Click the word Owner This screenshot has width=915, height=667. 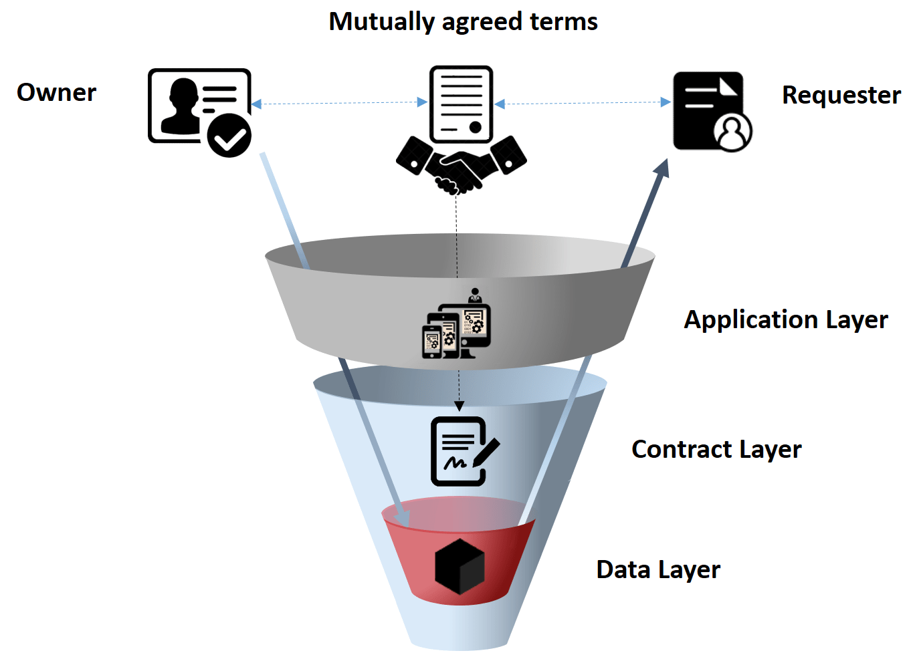click(x=57, y=92)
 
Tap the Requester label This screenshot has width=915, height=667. click(x=841, y=96)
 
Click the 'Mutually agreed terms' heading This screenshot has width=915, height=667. click(x=464, y=22)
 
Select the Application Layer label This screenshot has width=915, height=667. click(x=786, y=320)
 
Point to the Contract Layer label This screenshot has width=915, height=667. click(x=716, y=450)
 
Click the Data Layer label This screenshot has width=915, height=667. click(x=658, y=570)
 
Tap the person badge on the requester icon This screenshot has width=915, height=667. click(x=733, y=132)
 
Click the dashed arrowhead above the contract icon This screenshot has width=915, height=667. click(x=459, y=406)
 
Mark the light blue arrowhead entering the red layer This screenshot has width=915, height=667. click(x=403, y=519)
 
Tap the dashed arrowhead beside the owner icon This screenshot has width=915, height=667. click(x=256, y=104)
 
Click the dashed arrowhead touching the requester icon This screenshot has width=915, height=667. click(x=666, y=102)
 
